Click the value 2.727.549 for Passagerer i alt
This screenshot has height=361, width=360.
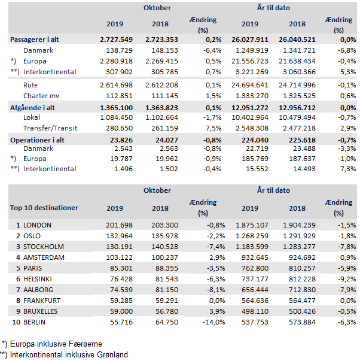tap(114, 40)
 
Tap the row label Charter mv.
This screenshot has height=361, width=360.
tap(42, 96)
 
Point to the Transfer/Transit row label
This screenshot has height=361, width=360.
tap(48, 128)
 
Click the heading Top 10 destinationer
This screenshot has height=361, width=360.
tap(44, 208)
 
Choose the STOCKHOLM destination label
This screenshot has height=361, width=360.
tap(43, 247)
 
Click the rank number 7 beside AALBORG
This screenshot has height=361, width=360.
tap(19, 290)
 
